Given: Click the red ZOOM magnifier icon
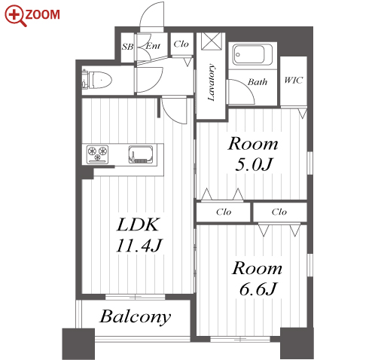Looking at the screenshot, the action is [15, 16].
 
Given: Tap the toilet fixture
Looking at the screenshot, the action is [97, 80].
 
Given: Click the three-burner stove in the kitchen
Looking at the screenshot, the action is [97, 154].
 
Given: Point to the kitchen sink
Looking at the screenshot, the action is [141, 154].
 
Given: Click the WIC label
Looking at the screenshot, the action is [294, 80].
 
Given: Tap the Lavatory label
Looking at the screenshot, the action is [212, 82].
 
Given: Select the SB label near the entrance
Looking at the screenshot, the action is [127, 47].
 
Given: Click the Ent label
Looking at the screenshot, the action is [153, 46].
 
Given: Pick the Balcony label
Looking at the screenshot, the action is [136, 317].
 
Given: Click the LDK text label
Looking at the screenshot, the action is [139, 224].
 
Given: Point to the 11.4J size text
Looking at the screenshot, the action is [139, 246].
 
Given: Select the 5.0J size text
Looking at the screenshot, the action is [254, 164].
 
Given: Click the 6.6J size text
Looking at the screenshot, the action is [258, 289].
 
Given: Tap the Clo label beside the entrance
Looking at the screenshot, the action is [181, 44].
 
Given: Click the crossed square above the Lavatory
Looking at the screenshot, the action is [212, 41].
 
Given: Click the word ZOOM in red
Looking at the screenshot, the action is [42, 14].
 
